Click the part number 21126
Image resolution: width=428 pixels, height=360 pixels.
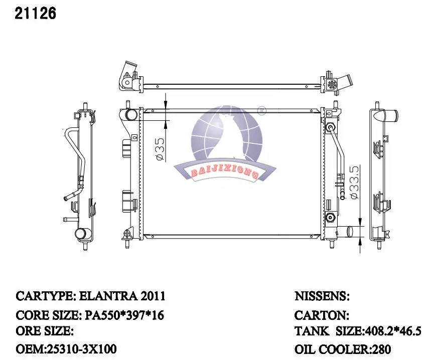click(x=35, y=14)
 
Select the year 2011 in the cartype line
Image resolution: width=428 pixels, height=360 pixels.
click(x=153, y=296)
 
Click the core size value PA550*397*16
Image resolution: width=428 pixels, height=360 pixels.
click(x=124, y=315)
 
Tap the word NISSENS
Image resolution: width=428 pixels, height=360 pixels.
click(x=321, y=296)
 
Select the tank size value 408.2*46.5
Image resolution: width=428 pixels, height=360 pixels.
click(x=393, y=331)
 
